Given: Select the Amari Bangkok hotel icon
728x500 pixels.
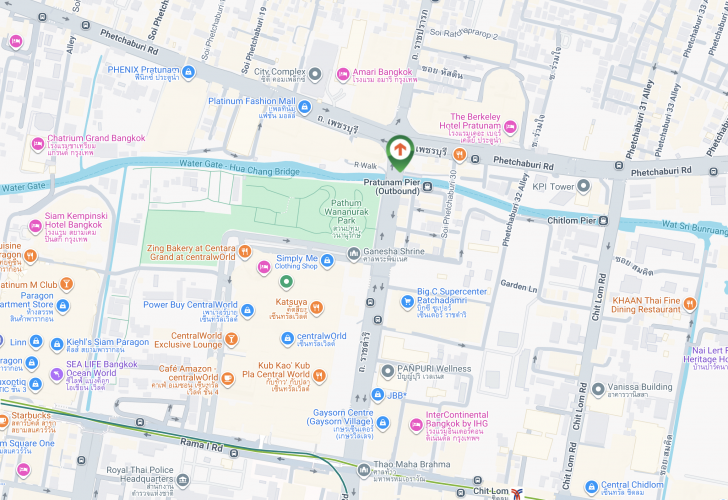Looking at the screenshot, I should (343, 73).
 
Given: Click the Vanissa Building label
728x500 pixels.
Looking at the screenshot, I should (643, 388).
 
